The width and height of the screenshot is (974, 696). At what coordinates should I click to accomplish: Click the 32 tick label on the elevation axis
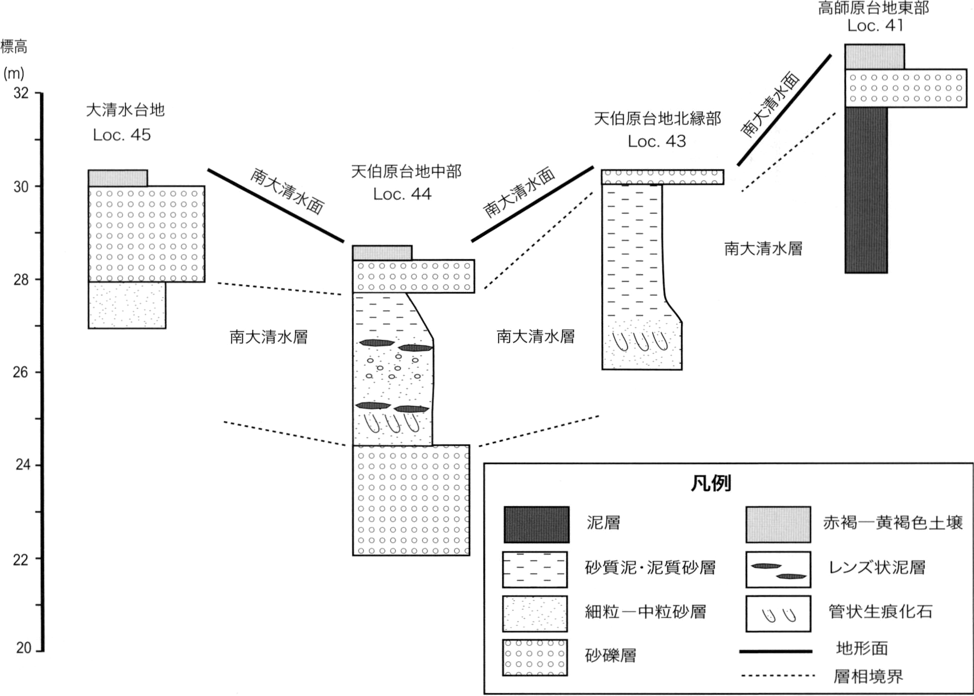21,93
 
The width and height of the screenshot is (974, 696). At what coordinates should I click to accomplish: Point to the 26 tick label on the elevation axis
20,372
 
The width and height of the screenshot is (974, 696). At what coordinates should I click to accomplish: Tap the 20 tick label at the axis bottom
23,647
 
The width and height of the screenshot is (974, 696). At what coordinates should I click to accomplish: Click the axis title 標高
14,47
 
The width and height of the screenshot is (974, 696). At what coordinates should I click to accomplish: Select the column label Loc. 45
121,134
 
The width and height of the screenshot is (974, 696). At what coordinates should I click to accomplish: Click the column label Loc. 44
402,194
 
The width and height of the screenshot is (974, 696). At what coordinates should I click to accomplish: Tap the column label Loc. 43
657,141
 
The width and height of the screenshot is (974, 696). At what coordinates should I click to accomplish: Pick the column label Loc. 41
875,25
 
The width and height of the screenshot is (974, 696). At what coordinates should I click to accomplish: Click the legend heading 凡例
710,483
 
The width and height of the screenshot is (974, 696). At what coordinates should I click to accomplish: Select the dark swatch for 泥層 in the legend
536,524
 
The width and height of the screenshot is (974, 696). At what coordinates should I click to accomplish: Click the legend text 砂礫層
610,655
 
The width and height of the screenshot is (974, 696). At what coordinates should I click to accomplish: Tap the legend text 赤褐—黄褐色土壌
893,523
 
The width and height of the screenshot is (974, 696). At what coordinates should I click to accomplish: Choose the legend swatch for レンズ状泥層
778,569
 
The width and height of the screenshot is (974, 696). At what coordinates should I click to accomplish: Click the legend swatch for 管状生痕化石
778,613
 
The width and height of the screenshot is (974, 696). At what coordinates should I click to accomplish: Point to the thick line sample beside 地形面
775,651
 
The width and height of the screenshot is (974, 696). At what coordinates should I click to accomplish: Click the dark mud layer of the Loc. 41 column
866,190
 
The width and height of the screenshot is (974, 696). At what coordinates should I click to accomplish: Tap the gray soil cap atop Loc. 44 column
382,253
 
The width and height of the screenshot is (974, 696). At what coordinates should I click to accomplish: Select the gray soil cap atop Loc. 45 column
118,178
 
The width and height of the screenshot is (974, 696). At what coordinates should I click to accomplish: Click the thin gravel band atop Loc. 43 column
662,177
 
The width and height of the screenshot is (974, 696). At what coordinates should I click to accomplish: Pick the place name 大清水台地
125,110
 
